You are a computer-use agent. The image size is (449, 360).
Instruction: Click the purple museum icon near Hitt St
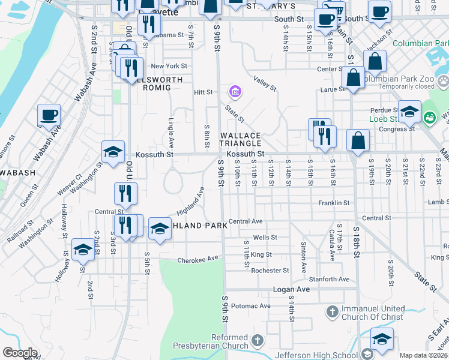[234, 92]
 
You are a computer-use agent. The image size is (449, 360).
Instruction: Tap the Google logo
[19, 353]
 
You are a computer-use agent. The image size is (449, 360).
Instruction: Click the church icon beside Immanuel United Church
[333, 312]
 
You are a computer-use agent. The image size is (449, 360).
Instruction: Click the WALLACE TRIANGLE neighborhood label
[240, 139]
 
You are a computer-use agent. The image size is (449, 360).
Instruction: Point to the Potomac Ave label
[250, 306]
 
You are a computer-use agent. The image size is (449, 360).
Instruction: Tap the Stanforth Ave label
[329, 280]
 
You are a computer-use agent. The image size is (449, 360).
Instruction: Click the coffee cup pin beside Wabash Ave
[49, 115]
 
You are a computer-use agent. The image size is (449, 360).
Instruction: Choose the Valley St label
[264, 83]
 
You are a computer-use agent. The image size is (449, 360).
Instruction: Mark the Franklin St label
[334, 203]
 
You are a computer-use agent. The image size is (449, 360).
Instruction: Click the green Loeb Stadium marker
[430, 117]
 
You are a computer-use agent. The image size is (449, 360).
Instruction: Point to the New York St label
[169, 66]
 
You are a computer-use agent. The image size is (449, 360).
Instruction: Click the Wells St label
[265, 238]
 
